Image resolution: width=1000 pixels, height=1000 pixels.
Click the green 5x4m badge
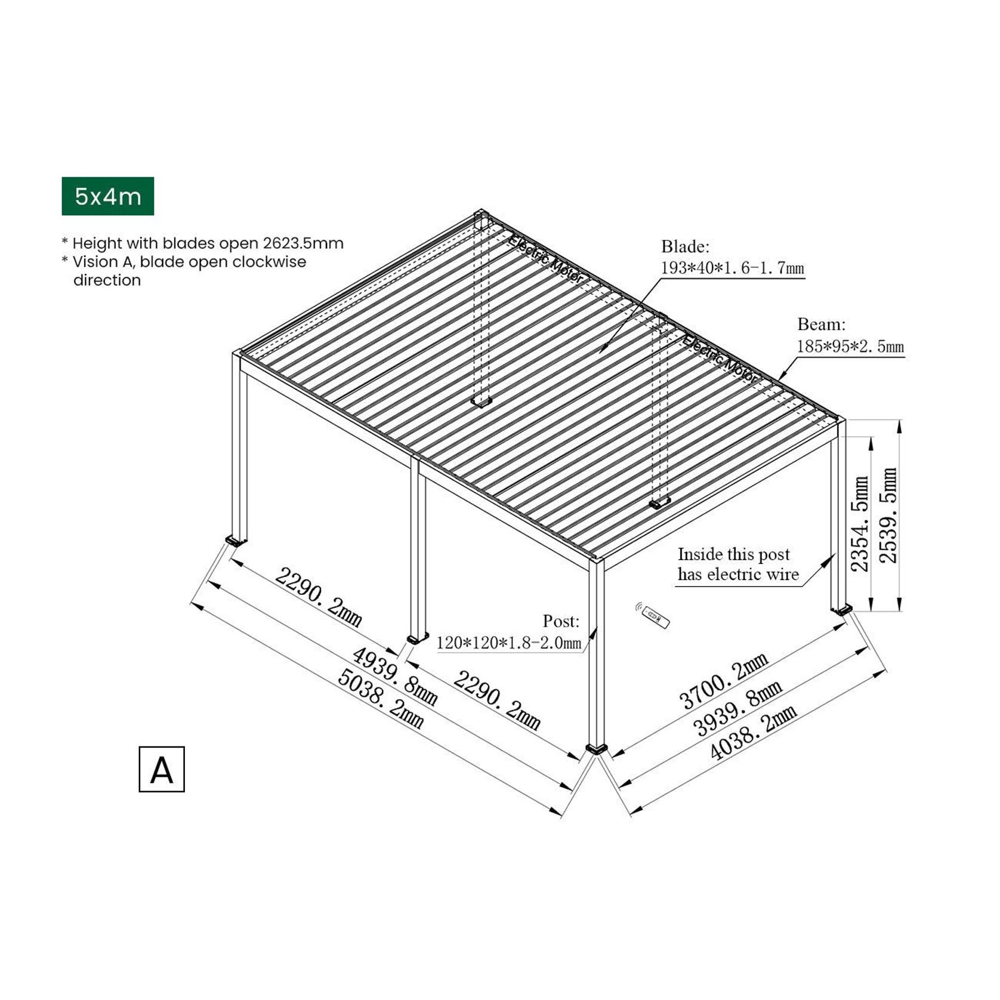pyautogui.click(x=107, y=196)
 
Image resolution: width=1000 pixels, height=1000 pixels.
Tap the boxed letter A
pyautogui.click(x=162, y=769)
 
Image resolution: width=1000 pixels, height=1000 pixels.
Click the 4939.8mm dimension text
pyautogui.click(x=395, y=675)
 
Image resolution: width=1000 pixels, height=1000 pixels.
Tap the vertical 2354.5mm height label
pyautogui.click(x=859, y=523)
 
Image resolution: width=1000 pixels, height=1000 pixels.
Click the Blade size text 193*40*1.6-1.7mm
pyautogui.click(x=732, y=268)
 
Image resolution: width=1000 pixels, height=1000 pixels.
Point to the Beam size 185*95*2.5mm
pyautogui.click(x=850, y=346)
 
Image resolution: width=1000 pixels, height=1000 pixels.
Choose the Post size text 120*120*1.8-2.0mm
pyautogui.click(x=508, y=643)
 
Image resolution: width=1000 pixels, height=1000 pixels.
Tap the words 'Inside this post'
pyautogui.click(x=733, y=554)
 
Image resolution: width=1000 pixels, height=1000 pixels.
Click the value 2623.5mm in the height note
pyautogui.click(x=303, y=243)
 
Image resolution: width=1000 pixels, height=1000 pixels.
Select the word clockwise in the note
pyautogui.click(x=269, y=261)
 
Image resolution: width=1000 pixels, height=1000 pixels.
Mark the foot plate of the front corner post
pyautogui.click(x=597, y=748)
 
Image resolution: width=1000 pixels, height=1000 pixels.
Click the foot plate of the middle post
pyautogui.click(x=418, y=638)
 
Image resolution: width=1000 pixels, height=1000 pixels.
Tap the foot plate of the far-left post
pyautogui.click(x=236, y=541)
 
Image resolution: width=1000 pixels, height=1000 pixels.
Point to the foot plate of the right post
pyautogui.click(x=842, y=610)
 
